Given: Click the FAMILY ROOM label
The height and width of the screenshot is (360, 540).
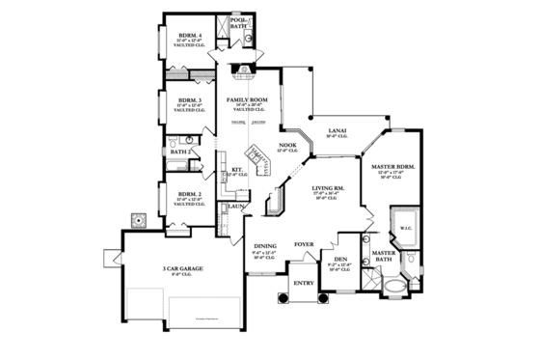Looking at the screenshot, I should [x=247, y=99].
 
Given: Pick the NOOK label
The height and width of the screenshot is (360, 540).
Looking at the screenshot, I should [x=288, y=144].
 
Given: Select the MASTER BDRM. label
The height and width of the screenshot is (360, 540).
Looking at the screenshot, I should [x=393, y=167].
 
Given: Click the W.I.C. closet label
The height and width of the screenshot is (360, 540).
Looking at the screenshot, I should [x=405, y=229].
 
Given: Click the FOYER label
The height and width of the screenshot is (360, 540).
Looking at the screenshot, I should [x=305, y=244].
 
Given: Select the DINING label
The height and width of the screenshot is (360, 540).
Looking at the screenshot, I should [x=265, y=246].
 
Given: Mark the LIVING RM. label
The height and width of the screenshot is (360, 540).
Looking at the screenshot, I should [x=328, y=189].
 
